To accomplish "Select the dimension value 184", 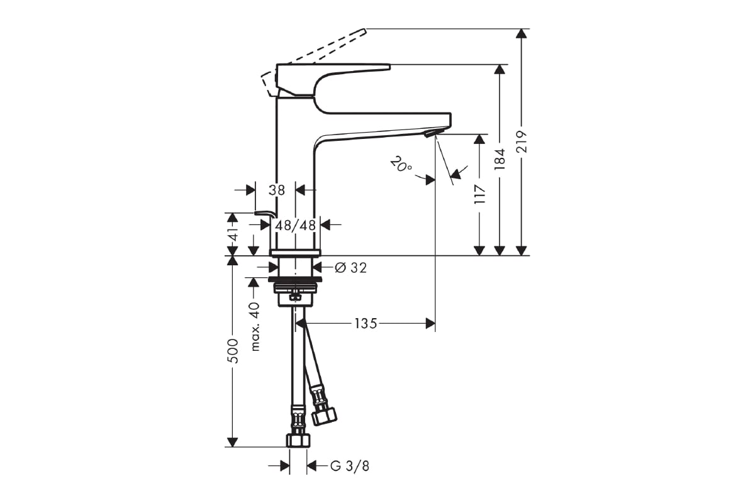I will pyautogui.click(x=500, y=159).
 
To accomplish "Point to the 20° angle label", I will pyautogui.click(x=400, y=165).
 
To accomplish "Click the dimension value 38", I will pyautogui.click(x=277, y=189).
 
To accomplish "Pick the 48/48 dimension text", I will pyautogui.click(x=294, y=225).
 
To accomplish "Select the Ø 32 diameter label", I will pyautogui.click(x=350, y=268).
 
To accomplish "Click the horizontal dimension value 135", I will pyautogui.click(x=366, y=324).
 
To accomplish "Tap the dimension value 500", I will pyautogui.click(x=232, y=351).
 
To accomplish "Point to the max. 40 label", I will pyautogui.click(x=254, y=326).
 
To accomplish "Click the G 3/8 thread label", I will pyautogui.click(x=349, y=466).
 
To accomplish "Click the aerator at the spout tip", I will pyautogui.click(x=430, y=133).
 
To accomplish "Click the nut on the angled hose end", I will pyautogui.click(x=325, y=415).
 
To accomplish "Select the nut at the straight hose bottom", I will pyautogui.click(x=298, y=439).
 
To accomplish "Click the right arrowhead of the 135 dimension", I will pyautogui.click(x=430, y=324).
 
